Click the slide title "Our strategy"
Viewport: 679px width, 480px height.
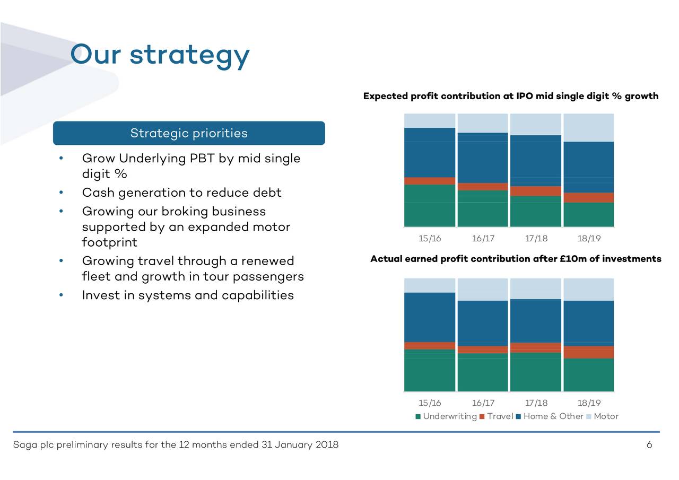pos(160,54)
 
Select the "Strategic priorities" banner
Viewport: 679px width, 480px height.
pos(189,133)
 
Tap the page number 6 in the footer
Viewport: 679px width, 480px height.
pos(649,444)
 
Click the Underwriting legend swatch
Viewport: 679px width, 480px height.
pos(418,416)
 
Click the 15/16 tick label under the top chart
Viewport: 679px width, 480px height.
pos(430,238)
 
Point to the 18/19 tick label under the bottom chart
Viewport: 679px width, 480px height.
pos(589,403)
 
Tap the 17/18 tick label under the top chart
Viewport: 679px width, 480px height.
pos(536,238)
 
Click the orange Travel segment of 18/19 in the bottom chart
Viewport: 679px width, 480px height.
pos(589,352)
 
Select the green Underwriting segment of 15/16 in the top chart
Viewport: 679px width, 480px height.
pos(430,206)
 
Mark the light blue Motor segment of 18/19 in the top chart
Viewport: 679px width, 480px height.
pos(589,128)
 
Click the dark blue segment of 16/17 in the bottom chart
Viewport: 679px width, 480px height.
pos(483,323)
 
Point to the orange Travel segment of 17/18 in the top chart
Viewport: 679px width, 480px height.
pos(536,191)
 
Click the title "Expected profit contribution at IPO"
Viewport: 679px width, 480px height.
pos(510,96)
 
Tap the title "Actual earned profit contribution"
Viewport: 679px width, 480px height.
pos(515,259)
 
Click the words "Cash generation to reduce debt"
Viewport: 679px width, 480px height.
pos(181,193)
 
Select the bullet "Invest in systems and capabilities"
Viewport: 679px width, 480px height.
pos(188,295)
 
